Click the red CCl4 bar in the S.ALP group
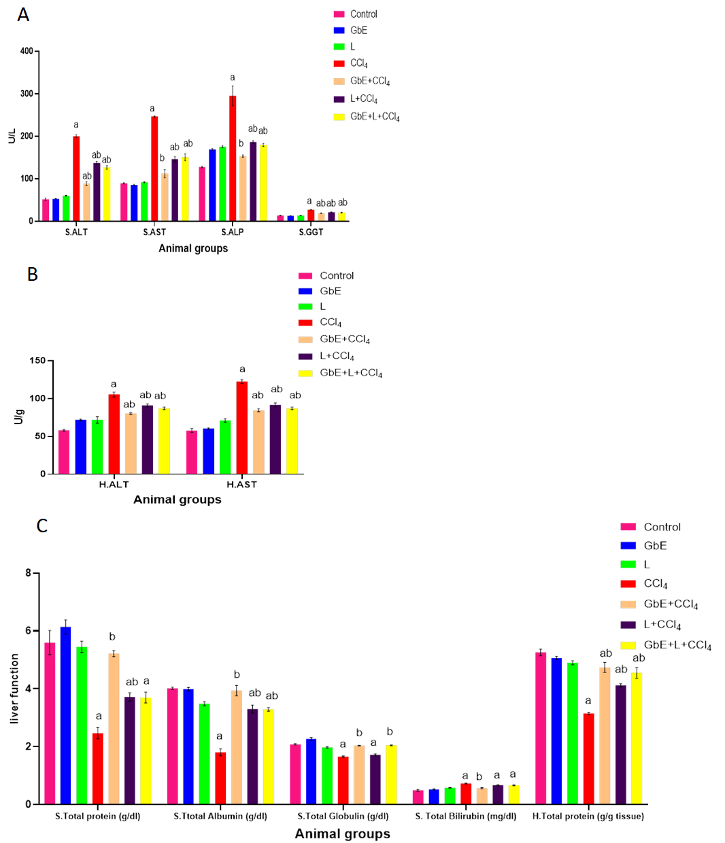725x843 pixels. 233,158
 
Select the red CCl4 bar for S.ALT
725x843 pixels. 76,178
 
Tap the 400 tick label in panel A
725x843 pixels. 27,51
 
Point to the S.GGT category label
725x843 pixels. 311,233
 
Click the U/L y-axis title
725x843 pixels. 12,136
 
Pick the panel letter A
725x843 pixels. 23,15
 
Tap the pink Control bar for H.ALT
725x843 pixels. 64,452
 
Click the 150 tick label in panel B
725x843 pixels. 37,361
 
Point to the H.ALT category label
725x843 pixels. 114,485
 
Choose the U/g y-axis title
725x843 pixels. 19,417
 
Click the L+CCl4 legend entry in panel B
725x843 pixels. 337,356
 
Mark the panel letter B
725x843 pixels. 32,274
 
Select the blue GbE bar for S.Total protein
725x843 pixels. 65,715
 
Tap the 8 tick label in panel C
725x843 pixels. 29,573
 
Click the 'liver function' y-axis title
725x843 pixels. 15,689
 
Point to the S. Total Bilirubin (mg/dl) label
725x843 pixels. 466,816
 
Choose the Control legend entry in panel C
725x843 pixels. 662,527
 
